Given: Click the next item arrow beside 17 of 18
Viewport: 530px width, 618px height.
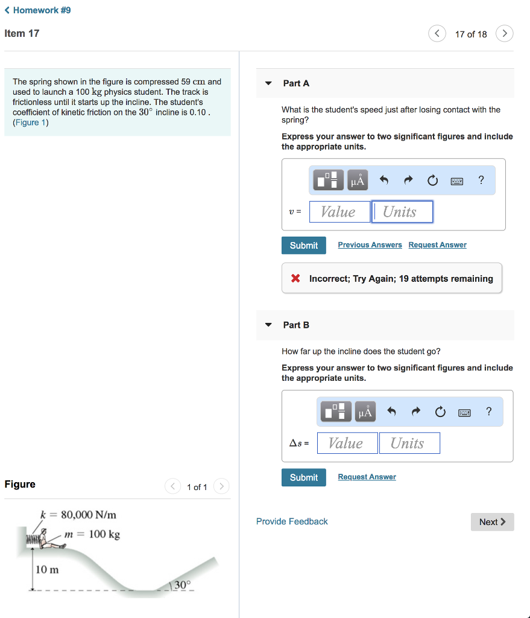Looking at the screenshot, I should [505, 34].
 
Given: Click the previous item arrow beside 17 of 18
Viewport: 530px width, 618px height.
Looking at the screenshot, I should [437, 34].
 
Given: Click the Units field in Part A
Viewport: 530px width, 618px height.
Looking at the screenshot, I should [402, 212].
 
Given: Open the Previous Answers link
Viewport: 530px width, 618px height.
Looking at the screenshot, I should [370, 245].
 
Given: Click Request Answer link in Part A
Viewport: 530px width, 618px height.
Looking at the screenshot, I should [437, 245].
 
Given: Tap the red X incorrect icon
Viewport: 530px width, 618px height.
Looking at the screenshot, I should [295, 278].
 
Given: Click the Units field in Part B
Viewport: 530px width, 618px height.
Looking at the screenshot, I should [409, 444].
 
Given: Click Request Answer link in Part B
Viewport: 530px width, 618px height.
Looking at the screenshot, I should [367, 477].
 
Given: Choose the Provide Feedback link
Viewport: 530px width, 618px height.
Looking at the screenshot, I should [292, 521].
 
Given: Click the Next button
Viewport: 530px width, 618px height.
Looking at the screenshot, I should [492, 522].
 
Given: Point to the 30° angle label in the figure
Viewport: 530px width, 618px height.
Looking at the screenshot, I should [182, 584].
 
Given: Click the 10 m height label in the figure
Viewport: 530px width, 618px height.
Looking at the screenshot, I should [47, 569].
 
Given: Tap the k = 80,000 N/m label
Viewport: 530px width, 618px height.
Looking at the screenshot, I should [78, 515].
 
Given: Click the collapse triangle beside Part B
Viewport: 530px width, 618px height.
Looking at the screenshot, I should [268, 325].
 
